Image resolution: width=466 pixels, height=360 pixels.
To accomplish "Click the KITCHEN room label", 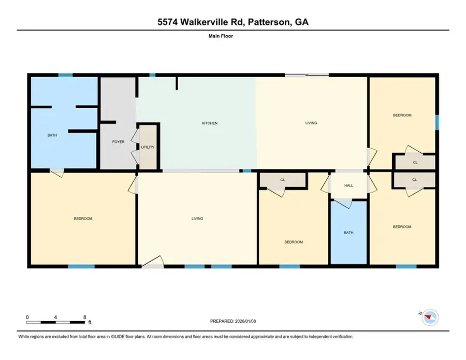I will click(x=209, y=123).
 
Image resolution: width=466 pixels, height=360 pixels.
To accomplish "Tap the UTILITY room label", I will click(x=148, y=147).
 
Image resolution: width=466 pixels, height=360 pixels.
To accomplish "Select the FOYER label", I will click(x=119, y=141).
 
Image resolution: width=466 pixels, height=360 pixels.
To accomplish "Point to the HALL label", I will click(x=348, y=185).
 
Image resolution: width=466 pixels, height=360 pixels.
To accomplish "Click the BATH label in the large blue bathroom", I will click(x=52, y=135).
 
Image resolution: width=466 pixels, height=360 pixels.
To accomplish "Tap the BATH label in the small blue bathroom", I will click(x=348, y=233).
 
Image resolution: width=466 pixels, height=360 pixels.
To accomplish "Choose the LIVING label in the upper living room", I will click(x=311, y=123).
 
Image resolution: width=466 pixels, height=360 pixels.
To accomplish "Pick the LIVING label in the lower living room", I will click(x=197, y=219).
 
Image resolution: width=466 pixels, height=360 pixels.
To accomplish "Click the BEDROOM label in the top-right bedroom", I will click(x=402, y=116).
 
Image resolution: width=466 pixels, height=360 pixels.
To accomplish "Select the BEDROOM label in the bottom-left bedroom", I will click(x=83, y=219).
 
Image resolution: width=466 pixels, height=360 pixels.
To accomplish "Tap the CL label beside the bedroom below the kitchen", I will click(x=283, y=180).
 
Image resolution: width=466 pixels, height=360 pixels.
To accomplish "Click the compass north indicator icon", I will click(x=430, y=315).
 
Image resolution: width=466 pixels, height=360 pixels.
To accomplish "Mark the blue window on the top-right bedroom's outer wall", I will click(x=437, y=122).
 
